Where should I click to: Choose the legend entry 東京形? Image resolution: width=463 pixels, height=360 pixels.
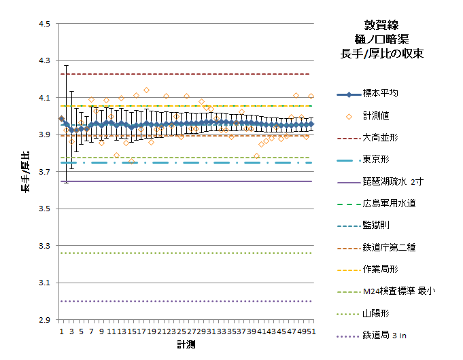[375, 160]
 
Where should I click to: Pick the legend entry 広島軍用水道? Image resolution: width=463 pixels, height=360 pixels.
[389, 203]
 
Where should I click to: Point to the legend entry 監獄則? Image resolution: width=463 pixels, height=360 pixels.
[375, 225]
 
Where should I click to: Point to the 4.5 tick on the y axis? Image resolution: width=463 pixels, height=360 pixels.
[44, 24]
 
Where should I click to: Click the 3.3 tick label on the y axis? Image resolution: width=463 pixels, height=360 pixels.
[44, 246]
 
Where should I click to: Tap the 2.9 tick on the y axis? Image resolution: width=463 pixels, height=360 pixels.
[44, 320]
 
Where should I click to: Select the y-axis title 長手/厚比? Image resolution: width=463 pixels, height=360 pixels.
[25, 173]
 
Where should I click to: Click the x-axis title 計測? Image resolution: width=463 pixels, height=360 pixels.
[186, 345]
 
